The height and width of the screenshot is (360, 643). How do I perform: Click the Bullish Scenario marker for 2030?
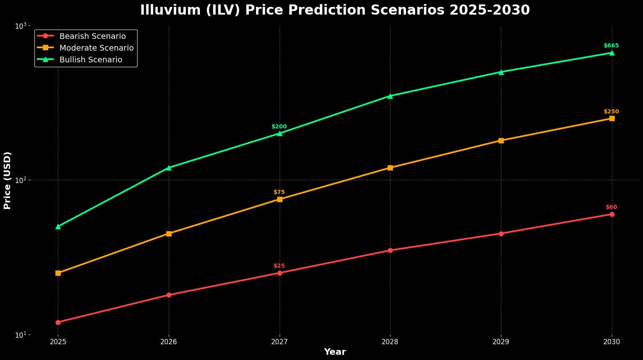click(x=612, y=53)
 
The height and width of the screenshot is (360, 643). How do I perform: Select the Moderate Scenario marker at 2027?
click(x=280, y=199)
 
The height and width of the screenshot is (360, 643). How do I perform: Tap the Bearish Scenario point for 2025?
click(x=58, y=322)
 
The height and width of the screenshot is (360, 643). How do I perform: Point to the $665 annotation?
click(x=611, y=46)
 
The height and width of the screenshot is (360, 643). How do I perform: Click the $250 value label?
click(x=611, y=112)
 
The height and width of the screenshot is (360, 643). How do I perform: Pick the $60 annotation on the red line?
click(x=611, y=207)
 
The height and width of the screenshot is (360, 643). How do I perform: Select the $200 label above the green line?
click(x=279, y=127)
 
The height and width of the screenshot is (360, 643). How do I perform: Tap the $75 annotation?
click(x=279, y=192)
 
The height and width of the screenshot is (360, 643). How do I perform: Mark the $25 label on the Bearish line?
click(x=279, y=266)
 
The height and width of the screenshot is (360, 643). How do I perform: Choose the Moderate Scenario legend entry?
click(x=96, y=48)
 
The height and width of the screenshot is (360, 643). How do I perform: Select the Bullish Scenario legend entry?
click(x=91, y=60)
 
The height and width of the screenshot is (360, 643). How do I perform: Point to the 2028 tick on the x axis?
click(x=390, y=342)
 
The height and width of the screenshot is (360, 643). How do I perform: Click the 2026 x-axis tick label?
click(x=169, y=342)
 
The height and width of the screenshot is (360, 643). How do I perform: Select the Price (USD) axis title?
click(x=7, y=180)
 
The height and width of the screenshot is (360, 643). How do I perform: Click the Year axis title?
click(x=335, y=352)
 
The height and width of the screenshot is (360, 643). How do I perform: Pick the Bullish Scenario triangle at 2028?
click(x=390, y=96)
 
